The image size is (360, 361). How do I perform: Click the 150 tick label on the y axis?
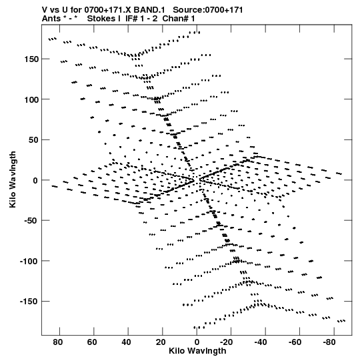coord(31,59)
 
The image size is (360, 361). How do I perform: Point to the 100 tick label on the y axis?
coord(31,99)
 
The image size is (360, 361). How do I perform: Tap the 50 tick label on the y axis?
coord(33,140)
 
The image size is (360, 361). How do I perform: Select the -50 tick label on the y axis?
coord(31,221)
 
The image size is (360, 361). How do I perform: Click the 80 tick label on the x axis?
coord(58,342)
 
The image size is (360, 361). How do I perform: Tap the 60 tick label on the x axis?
coord(92,342)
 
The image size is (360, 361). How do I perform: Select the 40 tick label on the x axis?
coord(126,342)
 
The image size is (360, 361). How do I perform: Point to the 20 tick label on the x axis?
coord(161,342)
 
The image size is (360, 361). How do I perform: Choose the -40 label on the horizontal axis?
coord(261,342)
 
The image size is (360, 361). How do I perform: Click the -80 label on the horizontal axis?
coord(329,342)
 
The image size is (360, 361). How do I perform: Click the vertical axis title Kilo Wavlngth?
coord(13,179)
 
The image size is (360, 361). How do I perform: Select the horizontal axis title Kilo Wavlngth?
coord(197,352)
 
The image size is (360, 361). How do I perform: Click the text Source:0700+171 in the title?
coord(208,10)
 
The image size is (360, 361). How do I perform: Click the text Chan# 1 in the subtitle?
coord(179,19)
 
